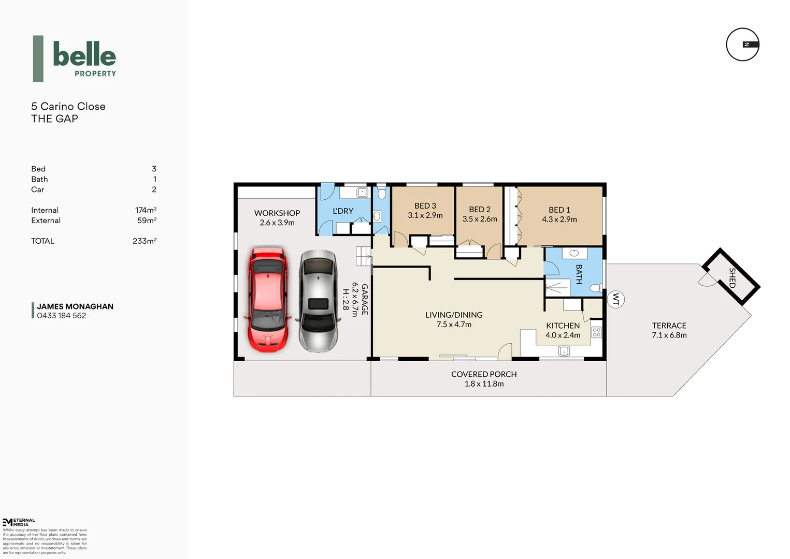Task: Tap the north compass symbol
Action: pos(742,45)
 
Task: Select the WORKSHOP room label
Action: pos(277,213)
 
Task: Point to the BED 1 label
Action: pos(559,210)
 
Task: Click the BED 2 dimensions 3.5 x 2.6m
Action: pos(479,219)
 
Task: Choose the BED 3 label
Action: pos(425,205)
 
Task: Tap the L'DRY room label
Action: pos(342,211)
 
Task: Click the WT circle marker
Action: pos(615,299)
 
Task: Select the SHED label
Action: pos(732,277)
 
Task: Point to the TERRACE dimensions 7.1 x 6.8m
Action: pos(669,335)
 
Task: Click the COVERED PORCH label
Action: pos(483,374)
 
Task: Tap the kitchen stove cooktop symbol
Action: pos(596,332)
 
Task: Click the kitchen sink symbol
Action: pos(564,351)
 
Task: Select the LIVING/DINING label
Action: pos(453,315)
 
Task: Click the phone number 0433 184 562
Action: pos(61,316)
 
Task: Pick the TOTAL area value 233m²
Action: pos(144,241)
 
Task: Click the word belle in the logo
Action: pos(84,54)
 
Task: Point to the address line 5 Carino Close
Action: pos(68,106)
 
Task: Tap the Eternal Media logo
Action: pos(19,522)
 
